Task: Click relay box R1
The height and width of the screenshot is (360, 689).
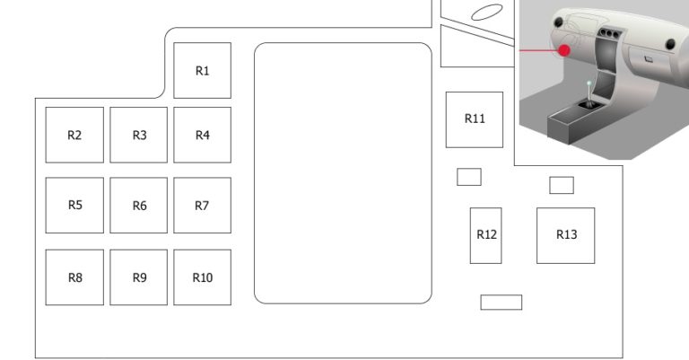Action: coord(202,70)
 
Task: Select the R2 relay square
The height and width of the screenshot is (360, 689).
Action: coord(74,135)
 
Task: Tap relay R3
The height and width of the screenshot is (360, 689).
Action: coord(138,135)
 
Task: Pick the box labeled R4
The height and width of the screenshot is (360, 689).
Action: coord(202,135)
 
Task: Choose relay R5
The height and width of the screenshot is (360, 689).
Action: coord(74,206)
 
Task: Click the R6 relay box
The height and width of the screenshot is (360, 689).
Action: coord(138,206)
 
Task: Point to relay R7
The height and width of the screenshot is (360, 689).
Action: coord(202,206)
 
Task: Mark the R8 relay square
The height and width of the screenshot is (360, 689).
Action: coord(74,277)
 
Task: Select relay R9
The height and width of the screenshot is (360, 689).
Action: coord(138,277)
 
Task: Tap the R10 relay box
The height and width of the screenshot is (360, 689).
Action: coord(202,277)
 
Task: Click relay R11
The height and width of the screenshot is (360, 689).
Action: coord(475,119)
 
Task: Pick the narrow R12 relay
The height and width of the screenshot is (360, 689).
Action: coord(486,235)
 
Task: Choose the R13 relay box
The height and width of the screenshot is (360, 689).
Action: coord(565,235)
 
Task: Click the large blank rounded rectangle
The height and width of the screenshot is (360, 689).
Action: coord(343,173)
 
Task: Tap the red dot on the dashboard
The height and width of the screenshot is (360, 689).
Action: coord(564,50)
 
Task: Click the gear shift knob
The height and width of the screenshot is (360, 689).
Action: coord(589,83)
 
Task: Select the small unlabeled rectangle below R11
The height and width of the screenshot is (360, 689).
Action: coord(469,177)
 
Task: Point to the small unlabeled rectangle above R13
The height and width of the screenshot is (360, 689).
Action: coord(562,185)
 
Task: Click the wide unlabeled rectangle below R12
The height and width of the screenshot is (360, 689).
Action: coord(501,303)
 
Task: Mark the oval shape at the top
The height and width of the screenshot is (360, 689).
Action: coord(487,13)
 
